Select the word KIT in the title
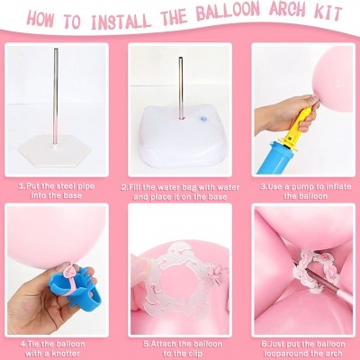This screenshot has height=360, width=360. tap(329, 13)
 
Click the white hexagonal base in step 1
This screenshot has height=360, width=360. tap(56, 148)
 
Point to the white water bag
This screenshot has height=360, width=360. tap(179, 134)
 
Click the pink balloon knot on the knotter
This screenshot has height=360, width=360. tap(70, 271)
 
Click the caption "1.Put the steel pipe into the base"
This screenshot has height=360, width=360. tap(57, 191)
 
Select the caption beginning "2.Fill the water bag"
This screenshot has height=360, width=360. tap(180, 192)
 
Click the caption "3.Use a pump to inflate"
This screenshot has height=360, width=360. tap(305, 192)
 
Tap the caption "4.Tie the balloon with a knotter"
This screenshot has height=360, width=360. tap(52, 348)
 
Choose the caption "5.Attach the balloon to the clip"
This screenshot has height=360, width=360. tap(183, 348)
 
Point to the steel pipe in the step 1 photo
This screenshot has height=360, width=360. tap(56, 96)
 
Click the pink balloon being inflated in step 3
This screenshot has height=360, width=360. tap(333, 81)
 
